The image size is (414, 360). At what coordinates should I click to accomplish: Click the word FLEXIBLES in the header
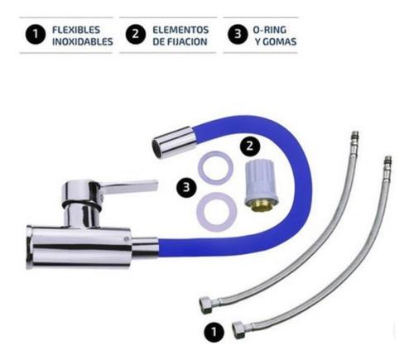76,30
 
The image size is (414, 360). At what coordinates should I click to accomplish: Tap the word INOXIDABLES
83,41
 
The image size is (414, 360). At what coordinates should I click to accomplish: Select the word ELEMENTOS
181,30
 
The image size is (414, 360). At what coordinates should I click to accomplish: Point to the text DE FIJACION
180,41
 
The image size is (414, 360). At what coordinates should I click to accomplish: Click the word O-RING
269,30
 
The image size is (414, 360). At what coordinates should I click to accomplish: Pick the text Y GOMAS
276,41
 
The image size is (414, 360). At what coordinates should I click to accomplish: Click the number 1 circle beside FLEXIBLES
36,34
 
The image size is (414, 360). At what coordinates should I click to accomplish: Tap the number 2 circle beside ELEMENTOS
135,34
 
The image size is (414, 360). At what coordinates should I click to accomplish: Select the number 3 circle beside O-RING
238,34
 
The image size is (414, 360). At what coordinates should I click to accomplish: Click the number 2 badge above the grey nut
250,146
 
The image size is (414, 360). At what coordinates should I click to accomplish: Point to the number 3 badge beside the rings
186,187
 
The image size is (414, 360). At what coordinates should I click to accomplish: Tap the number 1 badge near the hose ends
214,332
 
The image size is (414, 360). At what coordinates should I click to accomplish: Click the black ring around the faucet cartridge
82,205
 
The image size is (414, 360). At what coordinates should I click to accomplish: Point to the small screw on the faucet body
126,239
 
